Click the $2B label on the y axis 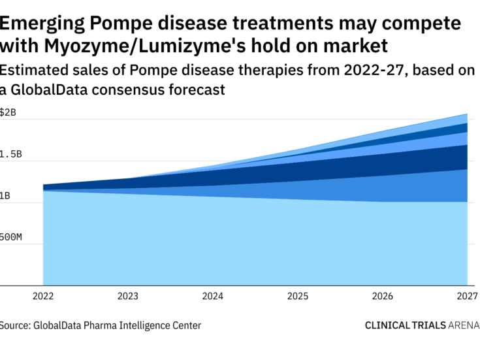point(8,112)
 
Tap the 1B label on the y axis point(5,196)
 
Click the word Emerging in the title point(40,24)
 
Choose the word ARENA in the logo point(464,325)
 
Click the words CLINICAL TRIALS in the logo point(406,325)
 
